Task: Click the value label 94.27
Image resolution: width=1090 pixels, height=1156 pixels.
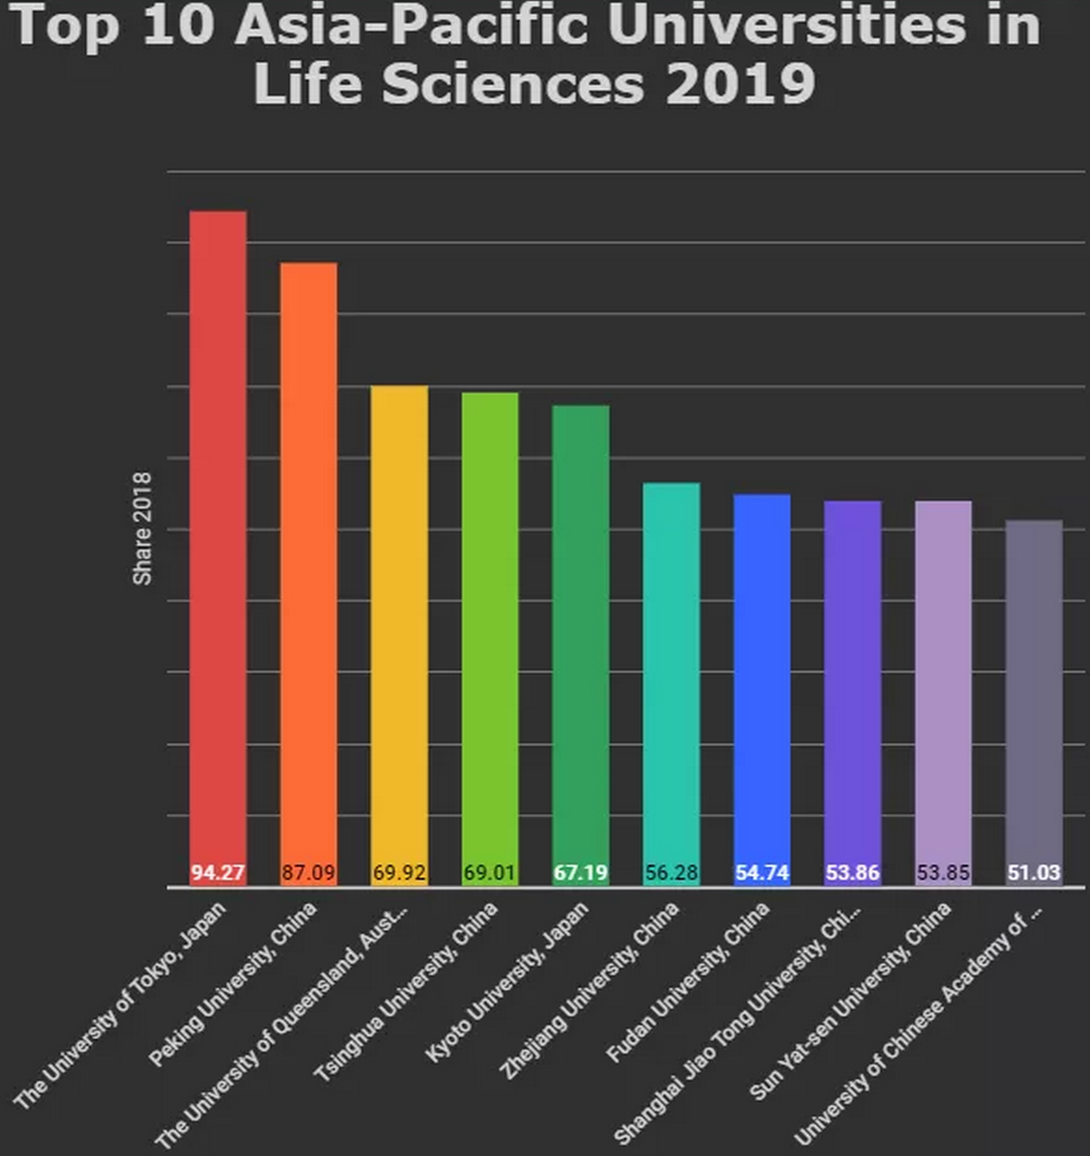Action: pos(217,873)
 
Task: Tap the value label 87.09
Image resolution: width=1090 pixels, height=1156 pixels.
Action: pos(309,873)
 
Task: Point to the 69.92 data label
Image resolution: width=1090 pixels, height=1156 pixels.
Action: pos(399,873)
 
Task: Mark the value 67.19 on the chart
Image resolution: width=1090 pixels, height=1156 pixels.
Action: pos(580,873)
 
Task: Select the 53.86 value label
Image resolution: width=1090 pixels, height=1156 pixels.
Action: pos(852,873)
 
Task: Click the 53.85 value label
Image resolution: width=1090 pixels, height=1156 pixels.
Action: pos(943,873)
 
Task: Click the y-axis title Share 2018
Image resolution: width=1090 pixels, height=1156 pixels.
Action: pos(142,529)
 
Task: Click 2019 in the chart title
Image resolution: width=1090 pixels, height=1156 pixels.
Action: pos(740,83)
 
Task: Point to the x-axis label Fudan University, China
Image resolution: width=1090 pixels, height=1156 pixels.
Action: pos(689,982)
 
